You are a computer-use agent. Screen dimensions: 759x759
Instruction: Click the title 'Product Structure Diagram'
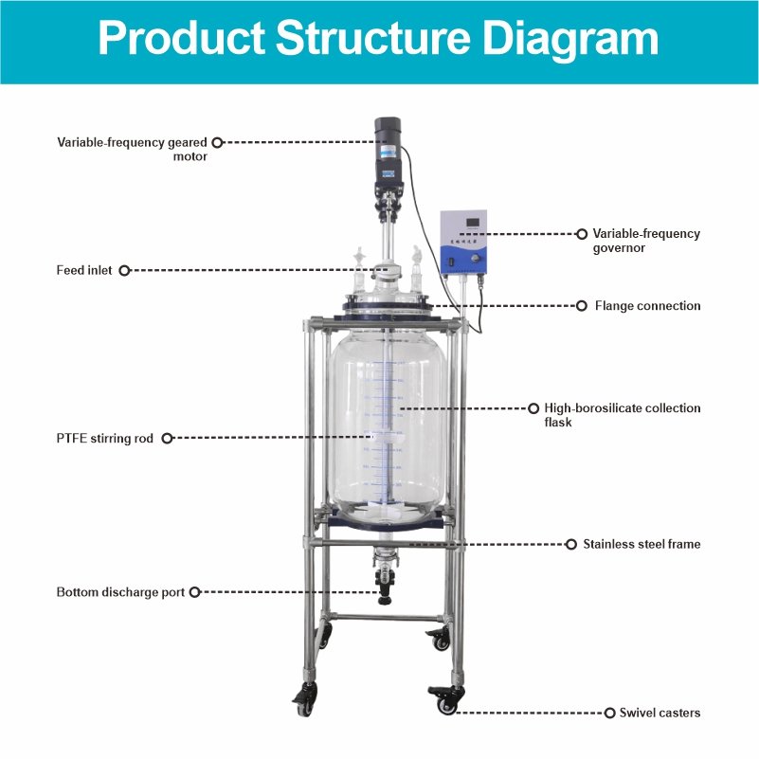coord(379,41)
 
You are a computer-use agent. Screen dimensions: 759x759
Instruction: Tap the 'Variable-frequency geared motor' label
coord(132,149)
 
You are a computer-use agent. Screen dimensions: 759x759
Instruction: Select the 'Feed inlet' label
coord(84,270)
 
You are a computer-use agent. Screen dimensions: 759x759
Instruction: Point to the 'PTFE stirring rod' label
coord(104,439)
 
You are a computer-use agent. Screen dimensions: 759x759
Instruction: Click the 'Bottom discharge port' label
coord(121,592)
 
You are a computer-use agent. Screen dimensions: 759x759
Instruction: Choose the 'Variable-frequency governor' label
coord(646,240)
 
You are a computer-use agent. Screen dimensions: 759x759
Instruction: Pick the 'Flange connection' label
coord(647,306)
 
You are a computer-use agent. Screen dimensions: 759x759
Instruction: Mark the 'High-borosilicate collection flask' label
coord(622,415)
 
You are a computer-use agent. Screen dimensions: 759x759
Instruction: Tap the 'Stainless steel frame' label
coord(642,545)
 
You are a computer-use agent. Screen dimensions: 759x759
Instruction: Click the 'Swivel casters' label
coord(660,712)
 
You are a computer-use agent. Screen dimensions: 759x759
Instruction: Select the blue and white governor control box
coord(462,244)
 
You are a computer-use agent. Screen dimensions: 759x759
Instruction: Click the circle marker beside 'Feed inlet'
coord(123,270)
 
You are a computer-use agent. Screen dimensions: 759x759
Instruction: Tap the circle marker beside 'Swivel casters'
coord(609,712)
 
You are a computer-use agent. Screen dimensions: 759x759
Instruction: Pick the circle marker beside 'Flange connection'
coord(582,306)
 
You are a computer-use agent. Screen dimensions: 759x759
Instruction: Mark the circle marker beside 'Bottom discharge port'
coord(194,592)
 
